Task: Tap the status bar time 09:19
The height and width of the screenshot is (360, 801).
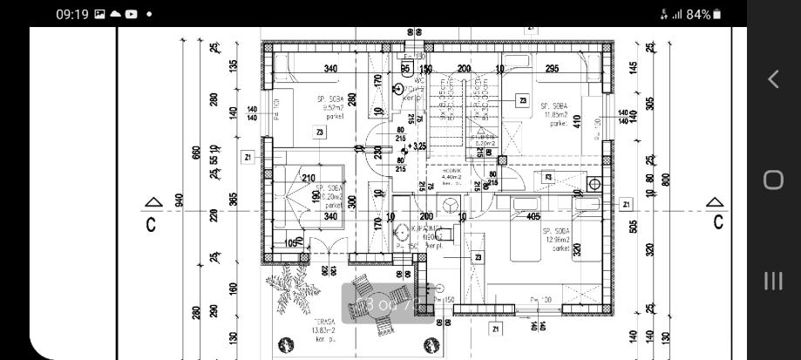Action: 72,14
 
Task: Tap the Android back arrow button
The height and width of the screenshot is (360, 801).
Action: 773,79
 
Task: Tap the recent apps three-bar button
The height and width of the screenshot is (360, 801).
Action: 773,281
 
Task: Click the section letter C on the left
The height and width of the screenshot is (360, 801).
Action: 151,224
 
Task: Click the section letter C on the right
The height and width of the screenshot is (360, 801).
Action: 717,222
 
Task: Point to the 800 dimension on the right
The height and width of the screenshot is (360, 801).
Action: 666,180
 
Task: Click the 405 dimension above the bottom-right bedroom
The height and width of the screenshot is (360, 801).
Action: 533,217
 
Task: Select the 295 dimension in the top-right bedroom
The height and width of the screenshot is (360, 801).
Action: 552,69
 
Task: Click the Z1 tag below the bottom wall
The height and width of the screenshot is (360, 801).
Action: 496,329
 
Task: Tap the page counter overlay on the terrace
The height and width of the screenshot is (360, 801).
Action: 381,304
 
